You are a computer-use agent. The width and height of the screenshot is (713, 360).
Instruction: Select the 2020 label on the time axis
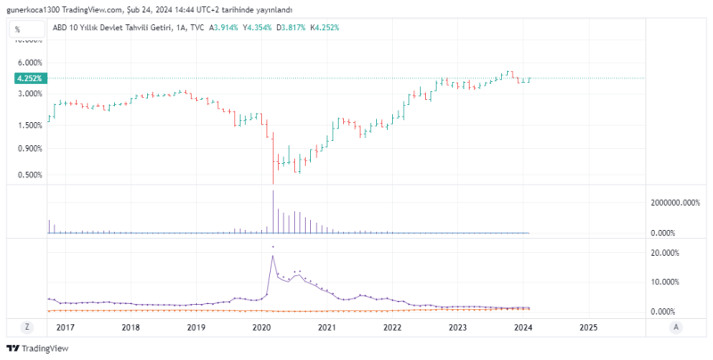pyautogui.click(x=261, y=327)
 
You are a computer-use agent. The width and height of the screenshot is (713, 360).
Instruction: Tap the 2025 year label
pyautogui.click(x=588, y=327)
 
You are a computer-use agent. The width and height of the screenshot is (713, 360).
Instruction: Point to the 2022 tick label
pyautogui.click(x=392, y=327)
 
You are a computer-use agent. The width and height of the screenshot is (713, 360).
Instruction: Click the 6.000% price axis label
pyautogui.click(x=29, y=62)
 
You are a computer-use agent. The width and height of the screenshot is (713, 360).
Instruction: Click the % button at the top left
pyautogui.click(x=17, y=29)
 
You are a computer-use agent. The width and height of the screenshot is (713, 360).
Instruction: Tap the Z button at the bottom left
pyautogui.click(x=27, y=327)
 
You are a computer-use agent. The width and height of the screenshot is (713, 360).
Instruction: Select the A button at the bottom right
pyautogui.click(x=676, y=327)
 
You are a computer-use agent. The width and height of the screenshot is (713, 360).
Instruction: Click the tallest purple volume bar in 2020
pyautogui.click(x=273, y=212)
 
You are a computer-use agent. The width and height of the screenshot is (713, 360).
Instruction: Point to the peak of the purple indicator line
pyautogui.click(x=273, y=257)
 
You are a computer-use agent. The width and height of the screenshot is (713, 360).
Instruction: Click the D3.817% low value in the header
pyautogui.click(x=291, y=28)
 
